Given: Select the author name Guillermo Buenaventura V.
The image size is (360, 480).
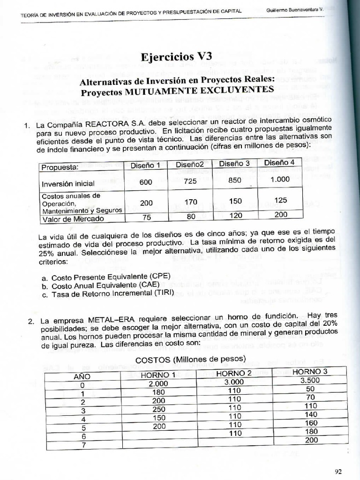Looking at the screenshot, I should tap(295, 9).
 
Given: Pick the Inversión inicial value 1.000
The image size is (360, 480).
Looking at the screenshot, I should tap(280, 179).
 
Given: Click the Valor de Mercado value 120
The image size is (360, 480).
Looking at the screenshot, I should tap(235, 216).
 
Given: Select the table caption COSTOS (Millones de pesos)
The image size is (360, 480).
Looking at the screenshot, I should tap(191, 359).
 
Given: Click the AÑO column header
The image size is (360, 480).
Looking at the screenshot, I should tap(82, 376).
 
